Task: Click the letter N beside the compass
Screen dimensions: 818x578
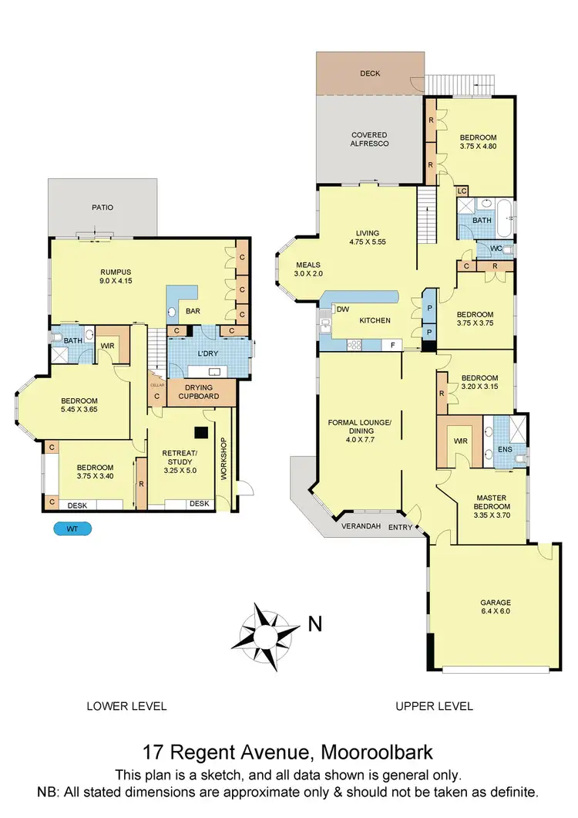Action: [314, 624]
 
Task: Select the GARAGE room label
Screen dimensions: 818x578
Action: [494, 603]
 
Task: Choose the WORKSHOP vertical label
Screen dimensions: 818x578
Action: [224, 460]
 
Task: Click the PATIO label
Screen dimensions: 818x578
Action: [102, 207]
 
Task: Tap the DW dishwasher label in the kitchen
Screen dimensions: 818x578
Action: [343, 309]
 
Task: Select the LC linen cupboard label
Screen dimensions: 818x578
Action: [462, 190]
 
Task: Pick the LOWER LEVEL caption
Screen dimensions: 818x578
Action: [126, 705]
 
